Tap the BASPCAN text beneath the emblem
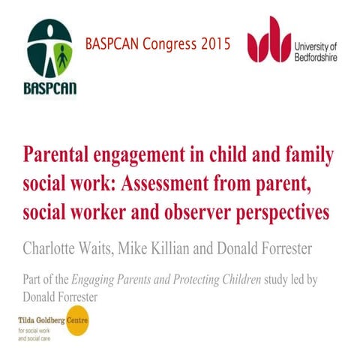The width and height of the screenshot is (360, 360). [49, 87]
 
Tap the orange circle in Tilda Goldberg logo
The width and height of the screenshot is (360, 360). [77, 324]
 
